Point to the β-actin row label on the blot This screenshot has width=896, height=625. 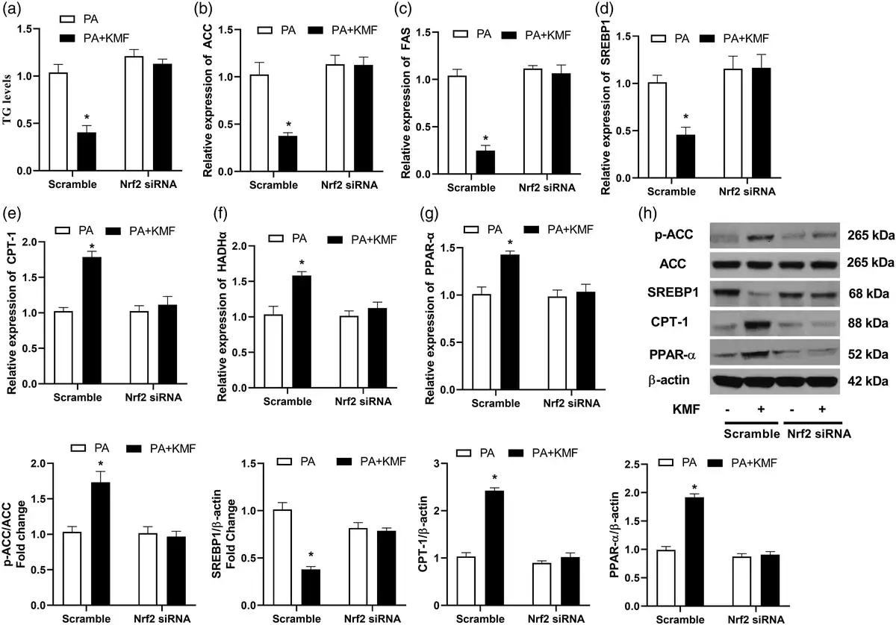(673, 381)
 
